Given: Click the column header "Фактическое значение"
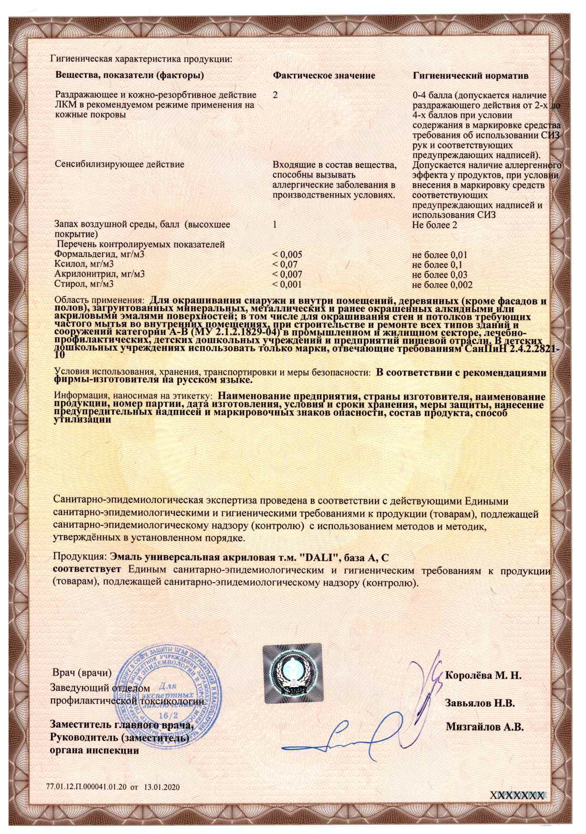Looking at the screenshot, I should (324, 75).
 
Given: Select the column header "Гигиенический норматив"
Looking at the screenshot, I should (470, 76).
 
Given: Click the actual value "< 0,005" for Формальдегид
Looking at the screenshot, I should (287, 254).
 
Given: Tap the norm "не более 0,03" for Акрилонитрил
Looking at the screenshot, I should (439, 275).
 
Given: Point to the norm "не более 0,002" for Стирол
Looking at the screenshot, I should (442, 285).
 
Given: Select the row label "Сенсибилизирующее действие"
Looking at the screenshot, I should (119, 165).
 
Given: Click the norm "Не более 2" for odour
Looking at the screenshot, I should (434, 225).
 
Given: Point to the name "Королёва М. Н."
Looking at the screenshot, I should (483, 676).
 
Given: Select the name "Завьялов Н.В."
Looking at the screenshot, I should (479, 703).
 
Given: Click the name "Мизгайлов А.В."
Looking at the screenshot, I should (485, 728).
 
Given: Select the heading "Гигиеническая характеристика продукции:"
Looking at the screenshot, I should (140, 59).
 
